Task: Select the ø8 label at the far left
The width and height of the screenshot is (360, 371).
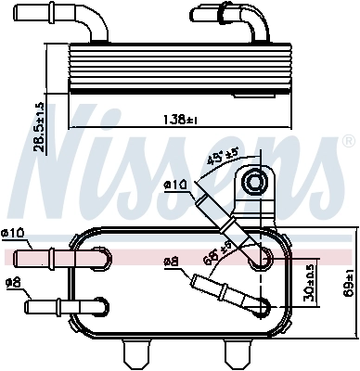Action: tap(13, 283)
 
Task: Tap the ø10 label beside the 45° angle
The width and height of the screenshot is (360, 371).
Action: tap(174, 185)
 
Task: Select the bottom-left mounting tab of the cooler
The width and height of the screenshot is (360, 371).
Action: tap(137, 352)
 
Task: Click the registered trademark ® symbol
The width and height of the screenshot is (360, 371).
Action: tap(348, 142)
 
